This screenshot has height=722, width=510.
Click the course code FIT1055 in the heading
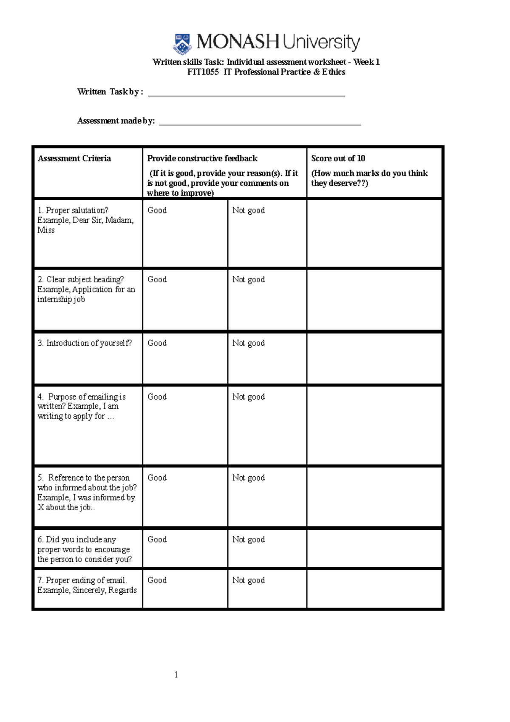click(x=203, y=72)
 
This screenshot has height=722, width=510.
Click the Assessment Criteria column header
click(x=74, y=159)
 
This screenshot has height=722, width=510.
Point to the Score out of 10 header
click(x=338, y=159)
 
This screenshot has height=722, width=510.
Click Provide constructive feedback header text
click(x=202, y=159)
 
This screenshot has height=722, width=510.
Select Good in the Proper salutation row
click(x=157, y=210)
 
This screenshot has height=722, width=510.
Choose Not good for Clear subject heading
click(x=248, y=279)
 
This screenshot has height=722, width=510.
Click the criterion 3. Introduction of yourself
click(x=85, y=343)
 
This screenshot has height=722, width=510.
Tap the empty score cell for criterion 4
click(x=374, y=425)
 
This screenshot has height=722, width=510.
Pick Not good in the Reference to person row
click(x=248, y=478)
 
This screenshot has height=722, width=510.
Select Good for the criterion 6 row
click(x=157, y=540)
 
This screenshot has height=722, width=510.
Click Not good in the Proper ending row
click(x=248, y=580)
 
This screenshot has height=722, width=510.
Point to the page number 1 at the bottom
click(x=176, y=675)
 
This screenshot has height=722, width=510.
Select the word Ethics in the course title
click(x=334, y=72)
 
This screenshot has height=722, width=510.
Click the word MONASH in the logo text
click(x=237, y=42)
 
